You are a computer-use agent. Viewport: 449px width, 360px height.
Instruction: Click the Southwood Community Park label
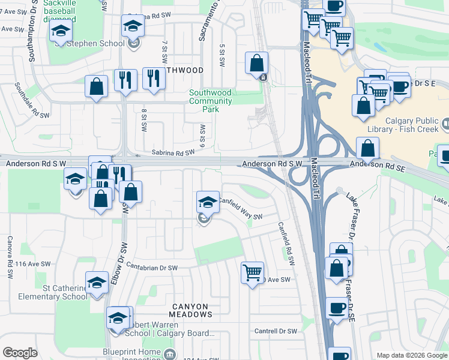(210, 101)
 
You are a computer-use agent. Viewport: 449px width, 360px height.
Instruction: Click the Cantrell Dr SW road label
(276, 331)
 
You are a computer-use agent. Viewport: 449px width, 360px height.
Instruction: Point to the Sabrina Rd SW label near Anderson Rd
(173, 154)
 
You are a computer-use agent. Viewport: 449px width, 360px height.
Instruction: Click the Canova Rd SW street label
(10, 264)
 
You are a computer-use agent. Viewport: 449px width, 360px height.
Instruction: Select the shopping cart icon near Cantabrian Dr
(253, 272)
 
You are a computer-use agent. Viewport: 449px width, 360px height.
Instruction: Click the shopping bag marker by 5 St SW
(257, 62)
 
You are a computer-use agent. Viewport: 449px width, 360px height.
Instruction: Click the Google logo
(20, 353)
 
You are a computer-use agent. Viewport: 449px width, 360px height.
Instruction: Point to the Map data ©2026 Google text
(411, 355)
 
